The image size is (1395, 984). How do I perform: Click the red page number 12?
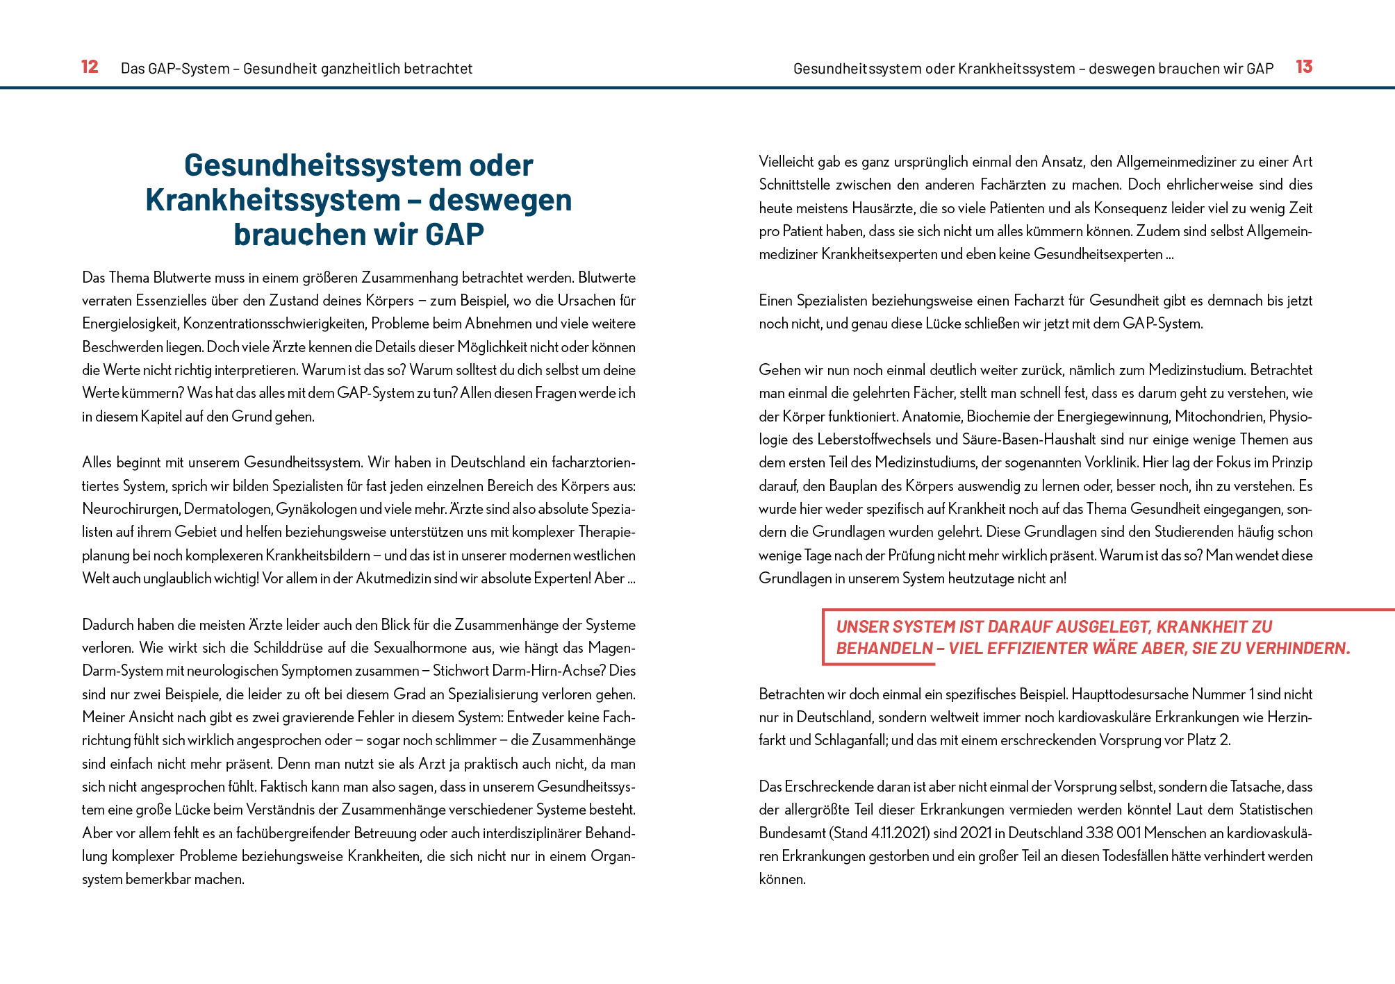[x=90, y=67]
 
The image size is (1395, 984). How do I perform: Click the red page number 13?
[x=1303, y=67]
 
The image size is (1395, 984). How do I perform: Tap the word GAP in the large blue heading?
[x=454, y=235]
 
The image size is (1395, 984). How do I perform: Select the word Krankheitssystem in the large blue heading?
[x=273, y=200]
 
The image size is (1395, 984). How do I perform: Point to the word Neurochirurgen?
[x=131, y=509]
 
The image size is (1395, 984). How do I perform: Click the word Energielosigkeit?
[x=129, y=324]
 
